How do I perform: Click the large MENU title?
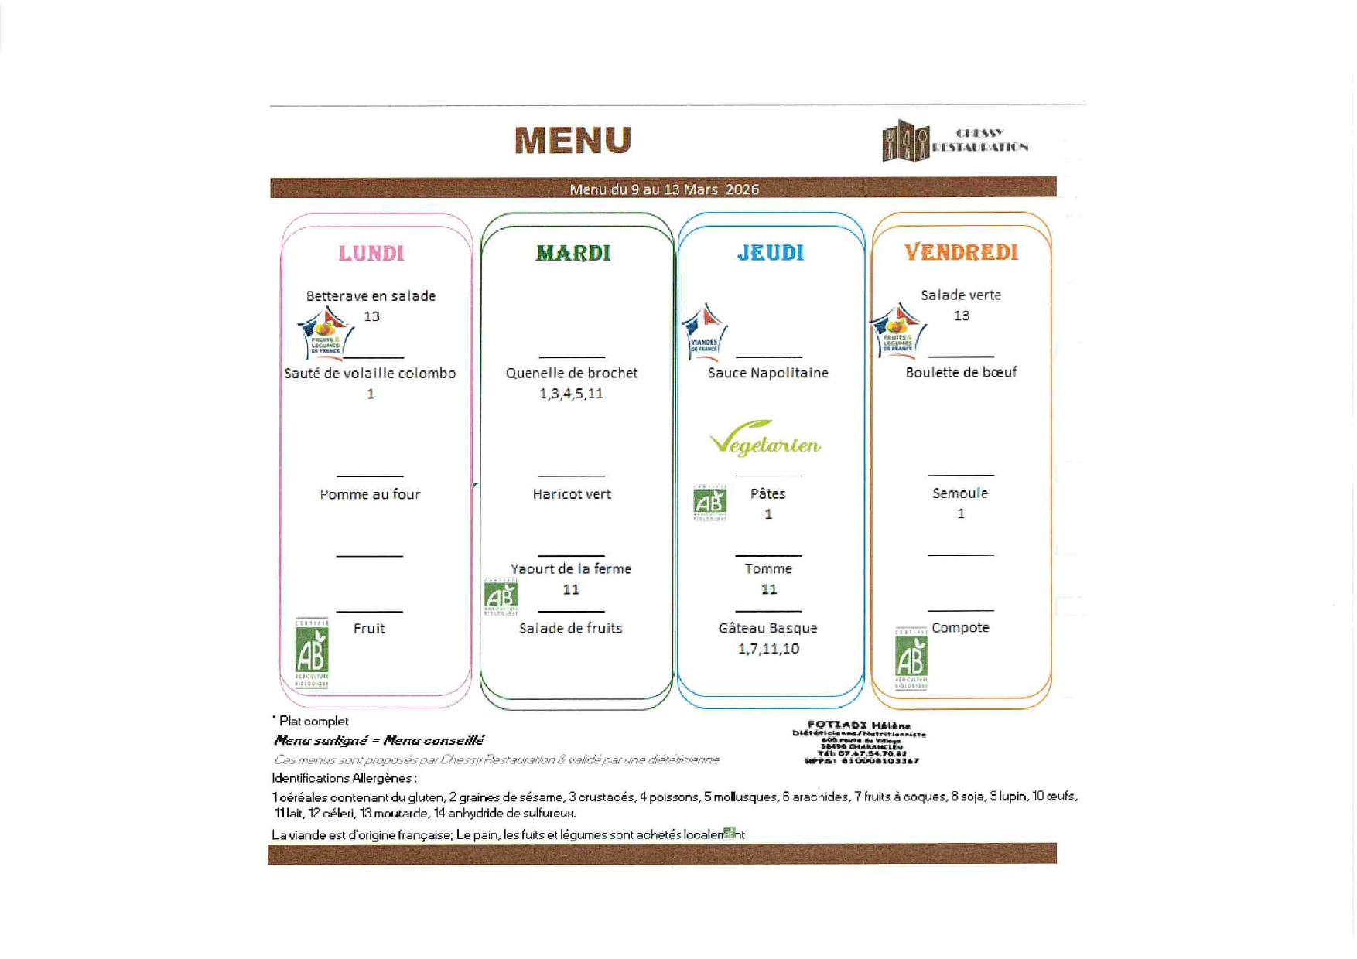pos(573,141)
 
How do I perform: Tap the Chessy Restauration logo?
pos(954,141)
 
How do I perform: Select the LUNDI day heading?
pos(371,253)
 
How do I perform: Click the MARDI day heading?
pos(573,253)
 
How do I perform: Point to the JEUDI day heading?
pos(770,253)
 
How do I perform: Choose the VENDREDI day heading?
pos(961,252)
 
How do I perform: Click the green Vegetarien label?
pos(765,439)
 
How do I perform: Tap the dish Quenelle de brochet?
pos(572,373)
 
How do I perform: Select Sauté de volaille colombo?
pos(370,374)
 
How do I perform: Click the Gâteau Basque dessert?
pos(767,628)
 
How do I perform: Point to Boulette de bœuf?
pos(961,372)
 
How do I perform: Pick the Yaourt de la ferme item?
pos(571,568)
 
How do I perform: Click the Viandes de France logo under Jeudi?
pos(704,333)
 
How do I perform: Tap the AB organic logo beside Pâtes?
pos(709,503)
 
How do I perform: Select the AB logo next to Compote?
pos(911,658)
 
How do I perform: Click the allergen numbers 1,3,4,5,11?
pos(571,394)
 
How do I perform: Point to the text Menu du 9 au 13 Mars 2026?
pos(664,189)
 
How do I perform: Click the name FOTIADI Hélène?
pos(859,725)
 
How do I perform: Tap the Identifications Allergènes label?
pos(344,778)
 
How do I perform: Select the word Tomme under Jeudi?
pos(768,568)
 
